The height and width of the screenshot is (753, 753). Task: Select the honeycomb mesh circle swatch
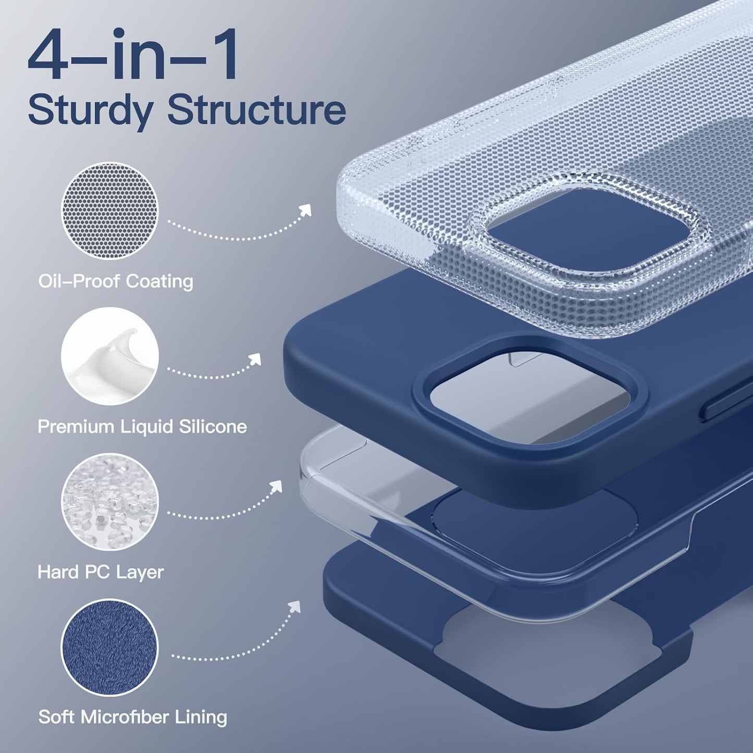(110, 210)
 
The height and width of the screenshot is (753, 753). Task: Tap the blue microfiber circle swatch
(110, 646)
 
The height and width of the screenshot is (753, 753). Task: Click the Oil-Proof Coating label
(116, 281)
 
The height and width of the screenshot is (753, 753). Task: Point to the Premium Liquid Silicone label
(142, 427)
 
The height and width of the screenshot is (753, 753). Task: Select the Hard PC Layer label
(101, 572)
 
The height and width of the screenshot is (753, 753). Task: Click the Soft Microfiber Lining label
(132, 717)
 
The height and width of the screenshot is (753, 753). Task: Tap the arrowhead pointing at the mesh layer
(305, 210)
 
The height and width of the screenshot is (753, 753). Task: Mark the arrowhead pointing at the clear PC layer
(276, 487)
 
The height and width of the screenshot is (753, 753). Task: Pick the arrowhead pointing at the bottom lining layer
(295, 606)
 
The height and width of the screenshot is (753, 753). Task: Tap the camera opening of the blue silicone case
(529, 396)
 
